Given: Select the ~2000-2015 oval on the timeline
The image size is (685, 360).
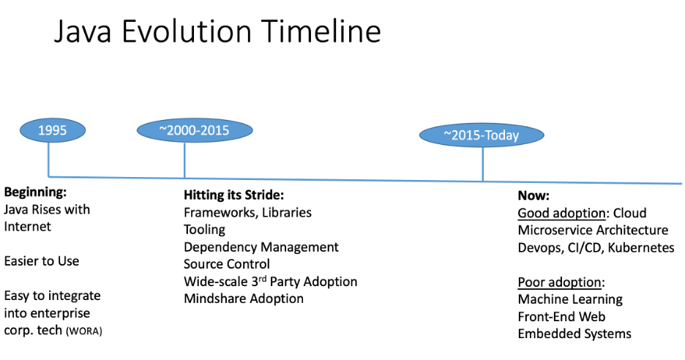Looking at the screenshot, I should pyautogui.click(x=195, y=130).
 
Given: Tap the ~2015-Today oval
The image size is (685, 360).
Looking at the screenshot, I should pyautogui.click(x=482, y=135).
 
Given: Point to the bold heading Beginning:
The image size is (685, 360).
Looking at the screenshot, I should pyautogui.click(x=35, y=192).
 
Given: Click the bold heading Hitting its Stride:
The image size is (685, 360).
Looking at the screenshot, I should pyautogui.click(x=233, y=195).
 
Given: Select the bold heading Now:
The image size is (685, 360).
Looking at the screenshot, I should pyautogui.click(x=534, y=196).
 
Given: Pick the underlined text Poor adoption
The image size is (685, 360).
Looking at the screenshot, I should pyautogui.click(x=560, y=282).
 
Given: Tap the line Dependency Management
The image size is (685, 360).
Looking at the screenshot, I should pyautogui.click(x=261, y=247).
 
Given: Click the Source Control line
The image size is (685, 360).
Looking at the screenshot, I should pyautogui.click(x=227, y=264).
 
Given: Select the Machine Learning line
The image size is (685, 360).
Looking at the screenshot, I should pyautogui.click(x=570, y=299).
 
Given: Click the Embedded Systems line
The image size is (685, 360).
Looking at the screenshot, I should pyautogui.click(x=574, y=334).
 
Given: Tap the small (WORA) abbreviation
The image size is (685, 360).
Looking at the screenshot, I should pyautogui.click(x=84, y=331).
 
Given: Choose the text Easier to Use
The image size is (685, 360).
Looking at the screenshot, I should pyautogui.click(x=42, y=261).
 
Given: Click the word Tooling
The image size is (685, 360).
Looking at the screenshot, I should pyautogui.click(x=205, y=230).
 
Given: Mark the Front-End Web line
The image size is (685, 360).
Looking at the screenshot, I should pyautogui.click(x=561, y=317).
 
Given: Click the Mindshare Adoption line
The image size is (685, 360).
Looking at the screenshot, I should pyautogui.click(x=244, y=299).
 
